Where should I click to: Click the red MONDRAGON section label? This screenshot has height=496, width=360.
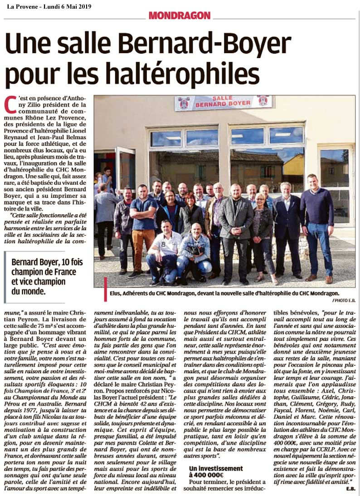180,15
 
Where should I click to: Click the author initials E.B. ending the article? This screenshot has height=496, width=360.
350,489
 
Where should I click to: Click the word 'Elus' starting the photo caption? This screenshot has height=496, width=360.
116,294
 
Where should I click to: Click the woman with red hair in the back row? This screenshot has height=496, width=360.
189,211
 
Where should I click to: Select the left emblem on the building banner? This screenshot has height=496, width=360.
183,103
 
